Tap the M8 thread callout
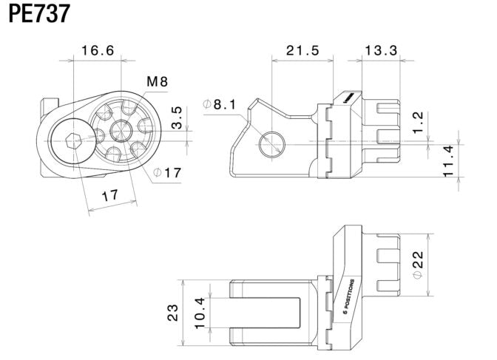[156, 82]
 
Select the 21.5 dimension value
[302, 51]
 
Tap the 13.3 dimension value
[380, 51]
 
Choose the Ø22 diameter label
[419, 264]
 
